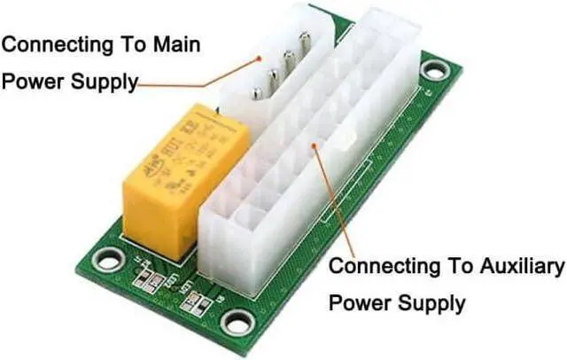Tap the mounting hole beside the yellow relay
(x=109, y=260)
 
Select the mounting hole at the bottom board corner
(x=237, y=321)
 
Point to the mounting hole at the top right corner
(x=433, y=68)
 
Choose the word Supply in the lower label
(x=429, y=303)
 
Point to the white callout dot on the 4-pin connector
(x=259, y=59)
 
